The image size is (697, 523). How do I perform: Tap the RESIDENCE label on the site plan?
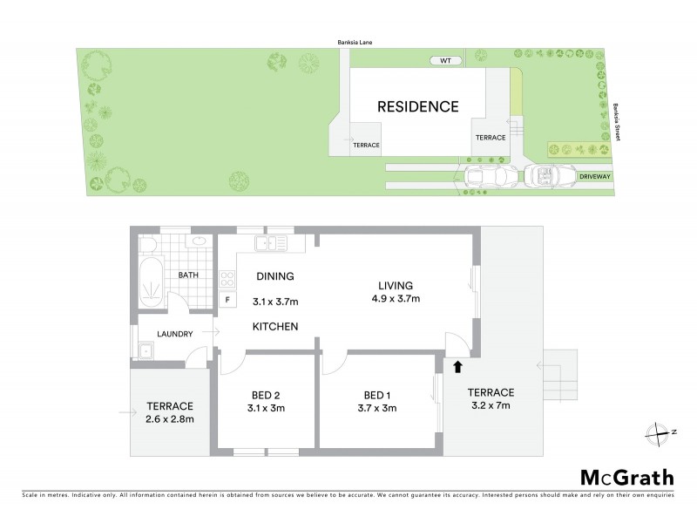(417, 107)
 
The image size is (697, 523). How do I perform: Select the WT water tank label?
(445, 61)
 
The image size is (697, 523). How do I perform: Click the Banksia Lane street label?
(356, 41)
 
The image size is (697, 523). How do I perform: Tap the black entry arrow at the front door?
(457, 367)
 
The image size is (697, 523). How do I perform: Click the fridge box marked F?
(228, 301)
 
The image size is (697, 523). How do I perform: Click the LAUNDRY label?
(175, 333)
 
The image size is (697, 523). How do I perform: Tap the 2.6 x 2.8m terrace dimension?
(169, 419)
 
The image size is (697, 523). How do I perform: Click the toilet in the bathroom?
(148, 243)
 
